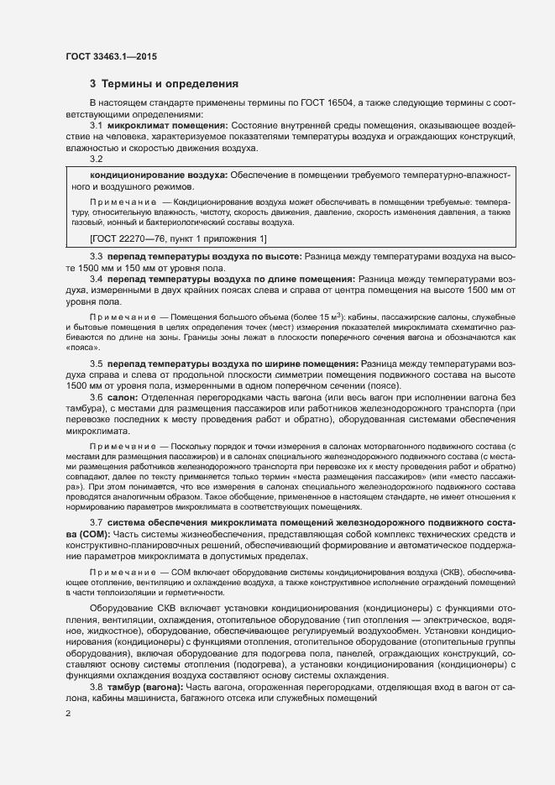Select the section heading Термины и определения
coord(170,84)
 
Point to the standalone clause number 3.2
coord(96,159)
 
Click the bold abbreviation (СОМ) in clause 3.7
coord(86,535)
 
